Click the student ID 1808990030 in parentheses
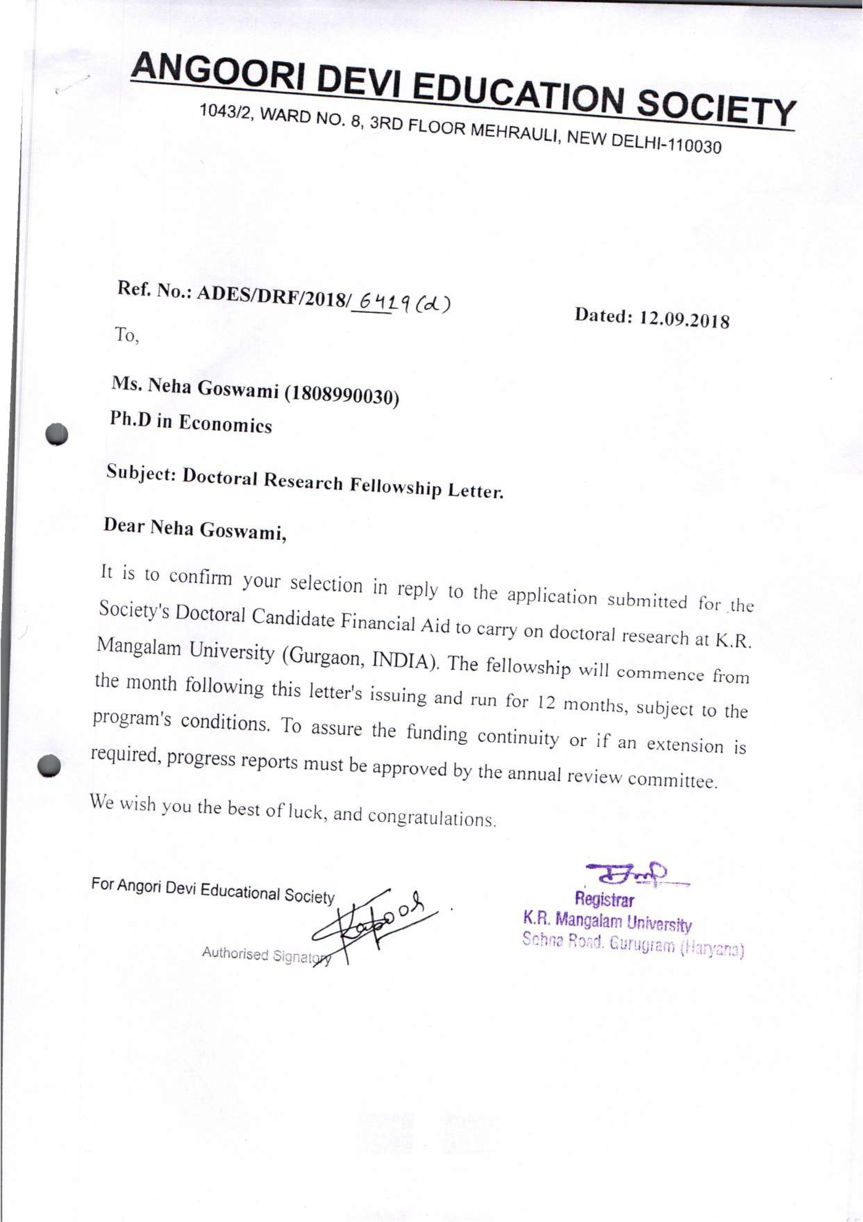click(342, 395)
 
